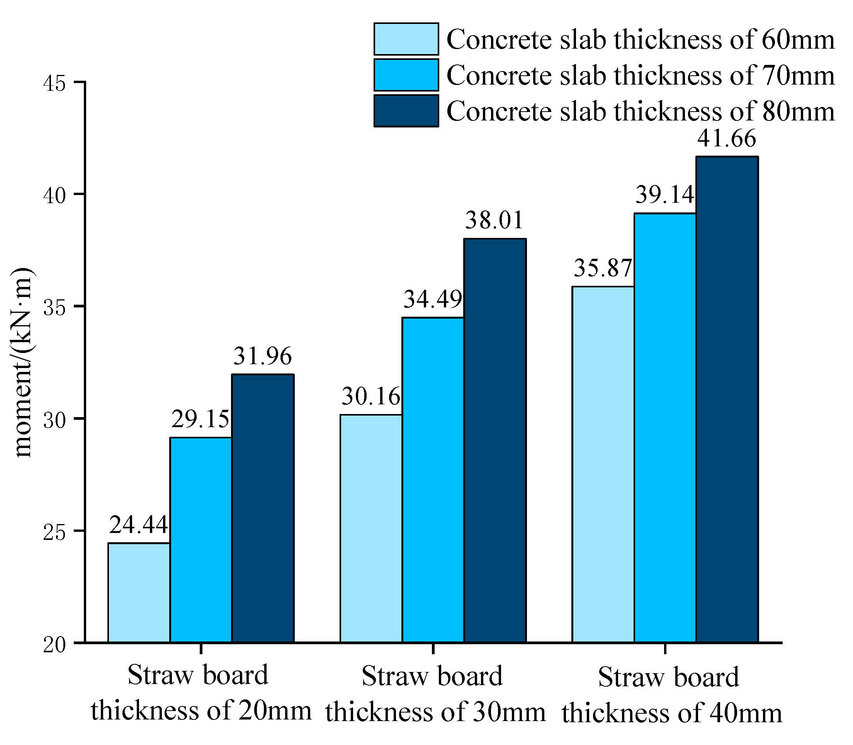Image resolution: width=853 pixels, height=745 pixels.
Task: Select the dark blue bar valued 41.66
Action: pyautogui.click(x=727, y=399)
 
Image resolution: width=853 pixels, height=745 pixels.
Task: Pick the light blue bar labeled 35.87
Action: pyautogui.click(x=603, y=464)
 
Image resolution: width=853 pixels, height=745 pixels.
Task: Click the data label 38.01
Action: pyautogui.click(x=494, y=221)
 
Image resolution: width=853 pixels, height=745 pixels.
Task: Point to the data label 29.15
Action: pyautogui.click(x=201, y=419)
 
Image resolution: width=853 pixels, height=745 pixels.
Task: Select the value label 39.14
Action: pyautogui.click(x=664, y=195)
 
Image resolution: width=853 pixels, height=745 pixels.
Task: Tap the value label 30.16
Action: pyautogui.click(x=370, y=397)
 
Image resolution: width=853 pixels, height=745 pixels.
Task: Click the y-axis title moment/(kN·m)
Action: pyautogui.click(x=23, y=362)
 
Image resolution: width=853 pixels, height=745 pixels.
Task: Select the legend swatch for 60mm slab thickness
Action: pyautogui.click(x=406, y=39)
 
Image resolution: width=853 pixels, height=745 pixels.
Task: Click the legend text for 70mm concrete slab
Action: pyautogui.click(x=641, y=76)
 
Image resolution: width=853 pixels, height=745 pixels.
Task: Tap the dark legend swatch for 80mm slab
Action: pyautogui.click(x=406, y=111)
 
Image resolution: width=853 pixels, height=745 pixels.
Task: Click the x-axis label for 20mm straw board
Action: pyautogui.click(x=201, y=692)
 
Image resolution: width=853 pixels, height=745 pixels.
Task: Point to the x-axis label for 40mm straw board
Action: pyautogui.click(x=670, y=694)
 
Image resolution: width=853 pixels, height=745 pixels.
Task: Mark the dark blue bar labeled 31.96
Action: pyautogui.click(x=263, y=508)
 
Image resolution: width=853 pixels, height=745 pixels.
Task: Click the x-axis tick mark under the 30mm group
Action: pyautogui.click(x=433, y=648)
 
